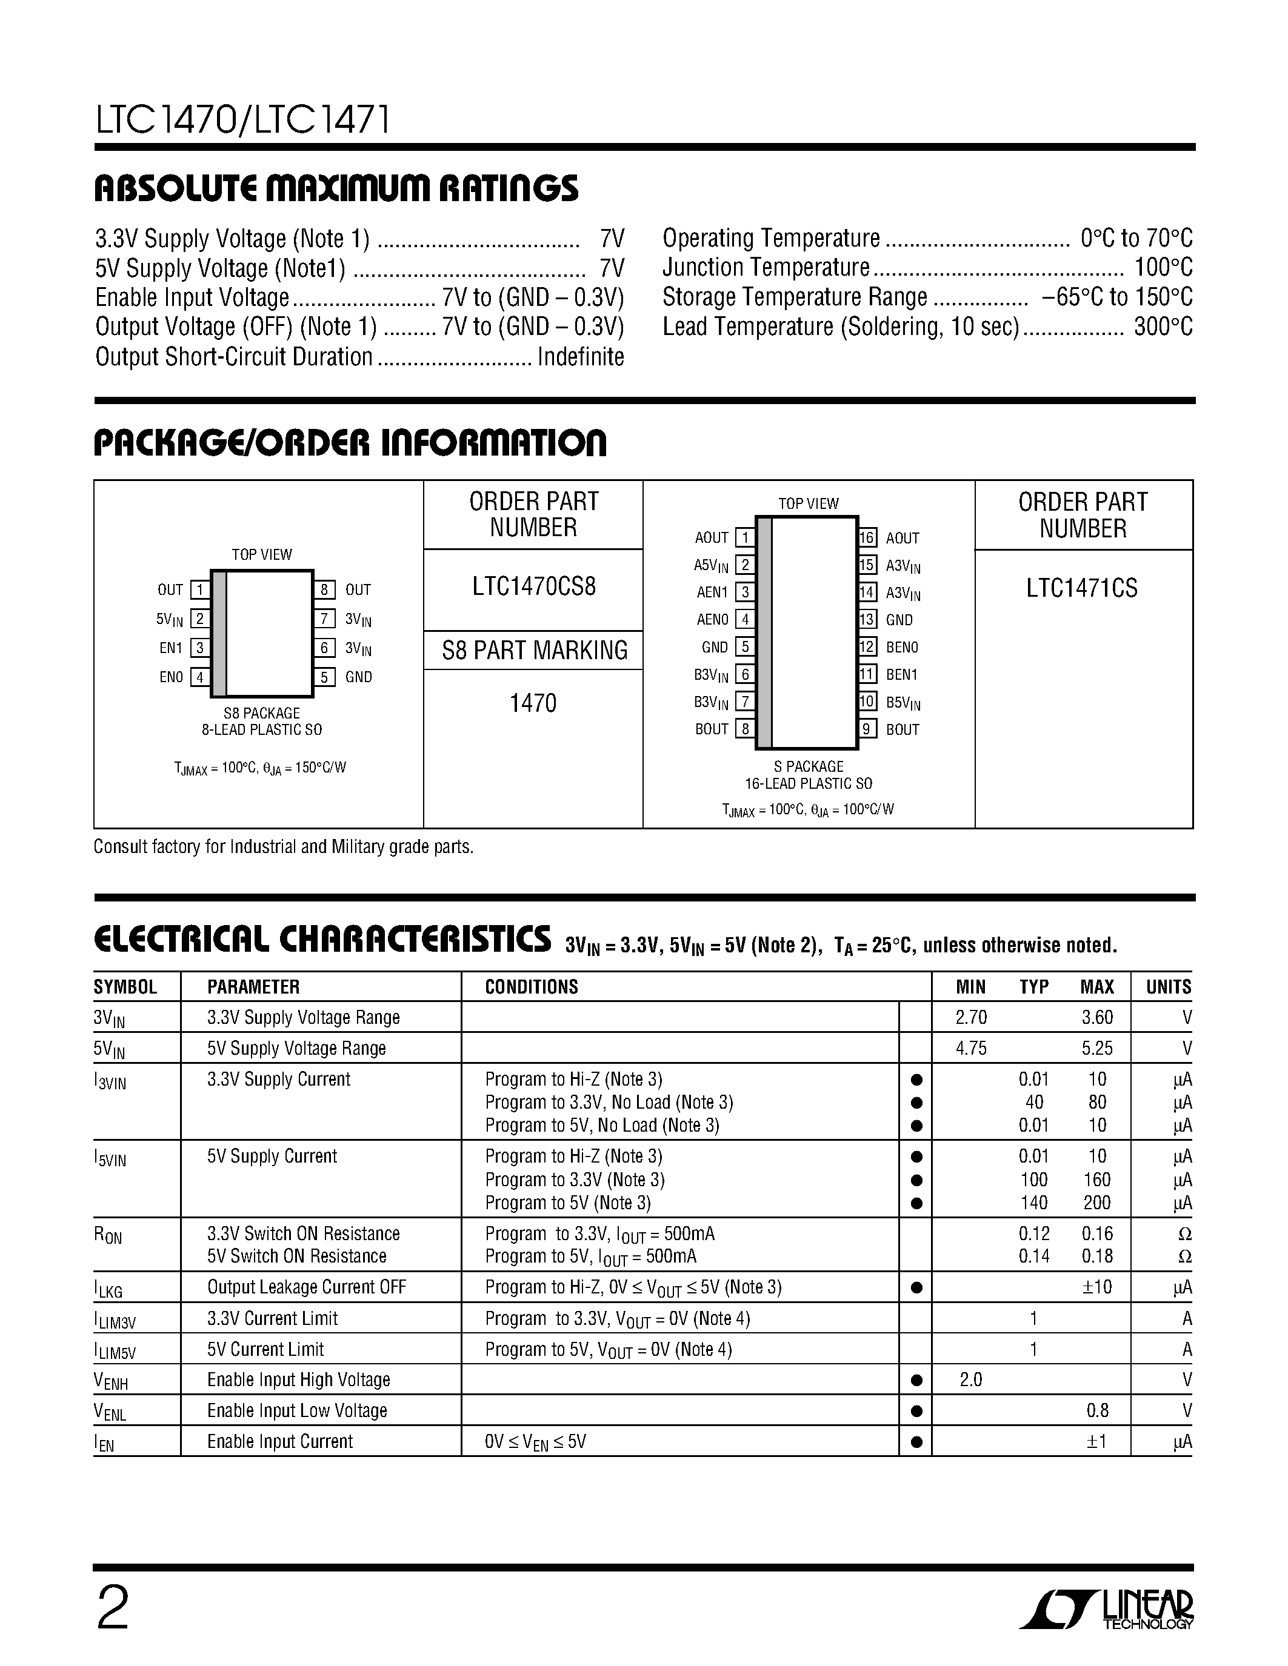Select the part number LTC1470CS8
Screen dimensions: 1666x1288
533,586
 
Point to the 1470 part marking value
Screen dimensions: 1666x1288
533,703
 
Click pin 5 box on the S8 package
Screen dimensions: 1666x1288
324,677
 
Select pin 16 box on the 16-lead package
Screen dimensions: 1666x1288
867,538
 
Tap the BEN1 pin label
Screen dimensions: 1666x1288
902,674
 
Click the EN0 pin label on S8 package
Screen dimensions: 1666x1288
171,677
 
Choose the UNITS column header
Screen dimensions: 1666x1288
1167,987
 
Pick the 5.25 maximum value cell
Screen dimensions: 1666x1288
1096,1048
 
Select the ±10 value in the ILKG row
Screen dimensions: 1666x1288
1096,1287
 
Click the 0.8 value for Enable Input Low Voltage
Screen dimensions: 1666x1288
1097,1411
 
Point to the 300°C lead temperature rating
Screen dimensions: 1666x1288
1163,327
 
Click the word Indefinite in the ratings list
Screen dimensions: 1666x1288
581,356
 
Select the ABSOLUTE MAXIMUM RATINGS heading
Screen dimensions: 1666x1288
336,188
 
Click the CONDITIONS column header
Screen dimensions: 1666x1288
531,987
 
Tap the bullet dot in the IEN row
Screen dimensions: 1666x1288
916,1442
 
